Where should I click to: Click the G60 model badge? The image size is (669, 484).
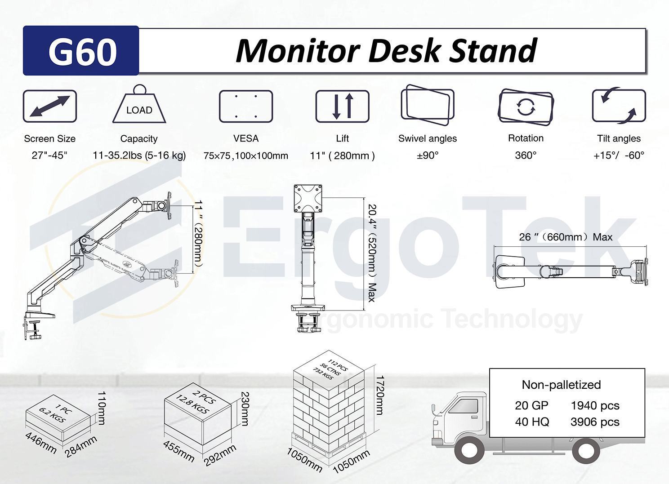tap(81, 50)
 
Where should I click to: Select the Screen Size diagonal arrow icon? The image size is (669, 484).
tap(50, 106)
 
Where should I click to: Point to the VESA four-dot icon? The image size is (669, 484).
tap(245, 106)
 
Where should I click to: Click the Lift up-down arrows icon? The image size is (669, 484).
tap(342, 106)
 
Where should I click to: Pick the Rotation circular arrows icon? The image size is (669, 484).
tap(526, 107)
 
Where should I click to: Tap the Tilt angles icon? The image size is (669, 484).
tap(619, 106)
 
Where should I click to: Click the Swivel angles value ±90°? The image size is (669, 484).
tap(428, 155)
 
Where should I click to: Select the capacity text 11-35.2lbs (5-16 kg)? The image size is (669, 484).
tap(139, 155)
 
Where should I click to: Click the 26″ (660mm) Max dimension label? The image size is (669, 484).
tap(566, 237)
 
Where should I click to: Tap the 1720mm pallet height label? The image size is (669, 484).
tap(379, 395)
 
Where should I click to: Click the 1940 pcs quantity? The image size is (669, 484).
tap(595, 406)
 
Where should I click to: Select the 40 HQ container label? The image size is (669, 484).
tap(532, 422)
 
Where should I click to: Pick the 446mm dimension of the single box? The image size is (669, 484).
tap(40, 443)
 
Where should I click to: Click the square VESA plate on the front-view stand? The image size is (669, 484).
tap(308, 198)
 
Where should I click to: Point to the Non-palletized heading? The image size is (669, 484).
tap(561, 385)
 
